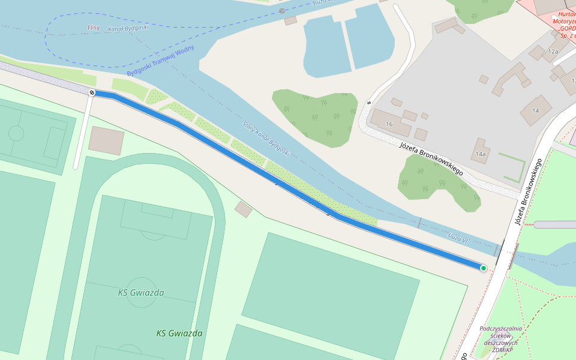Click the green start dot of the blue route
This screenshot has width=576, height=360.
coord(484,268)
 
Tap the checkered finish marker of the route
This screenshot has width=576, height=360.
coord(92,92)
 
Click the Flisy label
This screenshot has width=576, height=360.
coord(93,28)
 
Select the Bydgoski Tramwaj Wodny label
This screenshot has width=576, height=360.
coord(160,61)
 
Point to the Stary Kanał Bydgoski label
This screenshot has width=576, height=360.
coord(266,139)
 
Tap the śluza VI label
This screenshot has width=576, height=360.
coord(457,238)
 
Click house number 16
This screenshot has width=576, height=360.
coord(389,124)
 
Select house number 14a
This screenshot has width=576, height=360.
coord(480,154)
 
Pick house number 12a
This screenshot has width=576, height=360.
coord(553,52)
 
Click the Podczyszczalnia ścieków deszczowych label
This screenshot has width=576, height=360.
coord(501,339)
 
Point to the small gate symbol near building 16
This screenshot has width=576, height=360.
coord(368,103)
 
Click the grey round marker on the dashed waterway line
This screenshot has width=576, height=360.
coord(282,11)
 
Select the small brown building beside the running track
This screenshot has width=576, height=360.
coord(243,209)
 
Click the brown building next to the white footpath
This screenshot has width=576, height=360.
coord(106,140)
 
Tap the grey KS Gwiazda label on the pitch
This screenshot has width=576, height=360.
coord(141,293)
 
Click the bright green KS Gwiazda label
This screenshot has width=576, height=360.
coord(179,333)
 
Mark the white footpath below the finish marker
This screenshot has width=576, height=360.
coord(82,132)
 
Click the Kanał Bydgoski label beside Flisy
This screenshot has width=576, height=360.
coord(128,28)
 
